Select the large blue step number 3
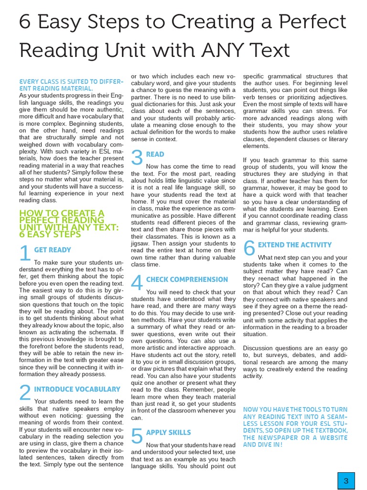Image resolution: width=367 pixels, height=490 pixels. tap(137, 158)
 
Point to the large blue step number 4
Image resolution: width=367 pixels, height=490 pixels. tap(137, 283)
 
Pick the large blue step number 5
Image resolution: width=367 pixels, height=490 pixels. tap(137, 436)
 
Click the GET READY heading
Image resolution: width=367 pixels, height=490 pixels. tap(53, 250)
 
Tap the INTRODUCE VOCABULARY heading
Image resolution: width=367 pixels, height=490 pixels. tap(77, 390)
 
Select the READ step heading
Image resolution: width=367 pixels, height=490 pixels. tap(155, 154)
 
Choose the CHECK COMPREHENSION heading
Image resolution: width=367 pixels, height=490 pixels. tap(187, 279)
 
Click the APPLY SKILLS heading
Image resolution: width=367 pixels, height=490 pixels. tap(168, 433)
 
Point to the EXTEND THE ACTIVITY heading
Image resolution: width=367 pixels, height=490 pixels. tap(294, 245)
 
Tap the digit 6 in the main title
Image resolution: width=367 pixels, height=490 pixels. tap(25, 22)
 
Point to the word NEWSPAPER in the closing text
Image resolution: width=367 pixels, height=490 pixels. tap(275, 438)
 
